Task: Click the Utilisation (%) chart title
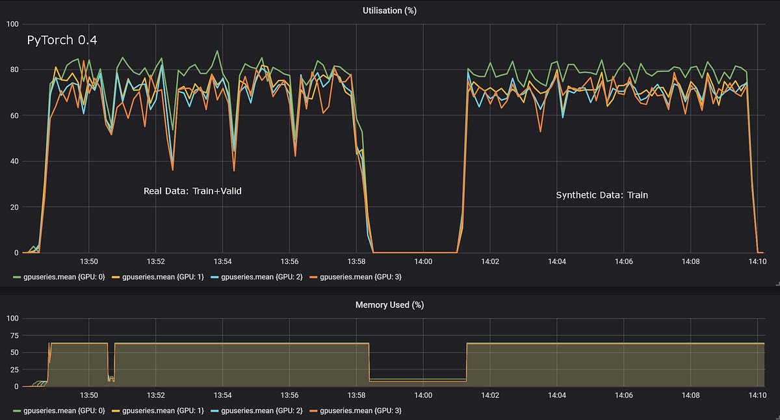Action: [389, 10]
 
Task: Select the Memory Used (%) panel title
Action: [389, 304]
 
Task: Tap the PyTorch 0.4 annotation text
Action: [62, 40]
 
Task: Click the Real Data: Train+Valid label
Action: [192, 191]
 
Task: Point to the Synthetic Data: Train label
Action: [602, 195]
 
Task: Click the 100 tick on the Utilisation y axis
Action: [12, 24]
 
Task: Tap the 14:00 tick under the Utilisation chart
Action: [422, 261]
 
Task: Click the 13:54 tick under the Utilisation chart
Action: [222, 261]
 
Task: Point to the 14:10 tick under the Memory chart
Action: [757, 395]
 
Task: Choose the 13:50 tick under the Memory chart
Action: [88, 395]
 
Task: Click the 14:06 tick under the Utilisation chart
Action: [623, 261]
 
